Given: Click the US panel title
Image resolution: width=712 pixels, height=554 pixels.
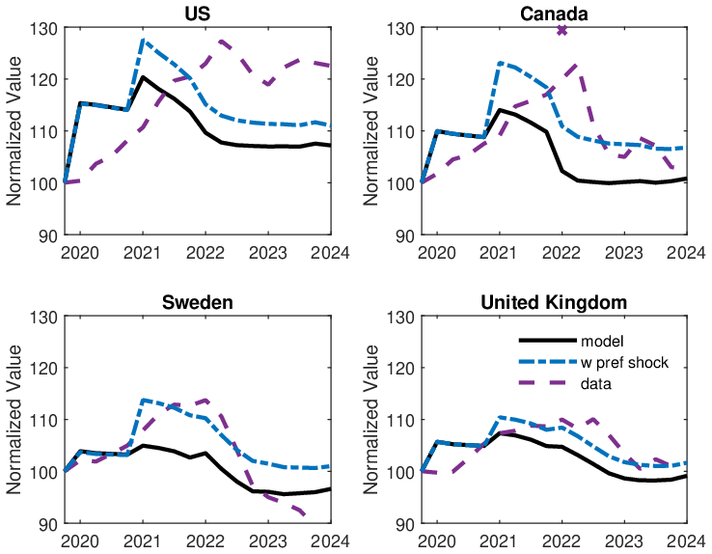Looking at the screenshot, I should click(x=197, y=13).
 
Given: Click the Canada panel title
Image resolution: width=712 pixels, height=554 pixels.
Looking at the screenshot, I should click(x=554, y=13).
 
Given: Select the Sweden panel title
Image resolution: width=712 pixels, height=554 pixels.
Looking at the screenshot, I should click(x=197, y=302).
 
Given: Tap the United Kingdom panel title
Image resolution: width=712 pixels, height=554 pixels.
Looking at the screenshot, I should click(x=554, y=302).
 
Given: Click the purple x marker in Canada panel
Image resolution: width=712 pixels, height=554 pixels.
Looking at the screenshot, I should click(x=561, y=30).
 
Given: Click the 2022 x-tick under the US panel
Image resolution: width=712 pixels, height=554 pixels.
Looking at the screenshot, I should click(x=205, y=253).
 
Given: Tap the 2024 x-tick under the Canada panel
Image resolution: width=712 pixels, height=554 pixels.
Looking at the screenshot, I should click(x=687, y=253).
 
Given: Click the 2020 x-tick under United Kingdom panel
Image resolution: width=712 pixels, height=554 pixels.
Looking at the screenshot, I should click(x=436, y=541).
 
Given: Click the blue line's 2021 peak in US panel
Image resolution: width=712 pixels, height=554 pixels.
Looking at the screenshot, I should click(x=143, y=41).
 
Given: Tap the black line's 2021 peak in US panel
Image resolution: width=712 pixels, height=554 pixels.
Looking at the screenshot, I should click(x=143, y=77).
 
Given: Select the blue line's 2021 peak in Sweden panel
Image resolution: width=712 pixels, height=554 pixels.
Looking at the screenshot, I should click(x=143, y=400).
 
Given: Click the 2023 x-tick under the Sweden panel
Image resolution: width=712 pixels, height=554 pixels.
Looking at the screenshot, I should click(x=268, y=541).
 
